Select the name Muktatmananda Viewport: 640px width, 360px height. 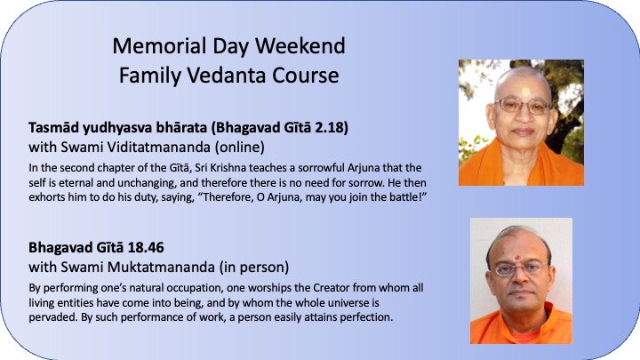[x=161, y=267]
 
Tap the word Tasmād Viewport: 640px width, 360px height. [x=54, y=128]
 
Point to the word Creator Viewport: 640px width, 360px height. [x=331, y=288]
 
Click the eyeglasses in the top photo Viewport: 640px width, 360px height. [x=523, y=106]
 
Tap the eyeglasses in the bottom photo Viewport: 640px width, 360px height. [x=519, y=268]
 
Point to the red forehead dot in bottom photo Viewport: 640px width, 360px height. [x=518, y=258]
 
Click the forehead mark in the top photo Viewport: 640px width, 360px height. [x=526, y=92]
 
